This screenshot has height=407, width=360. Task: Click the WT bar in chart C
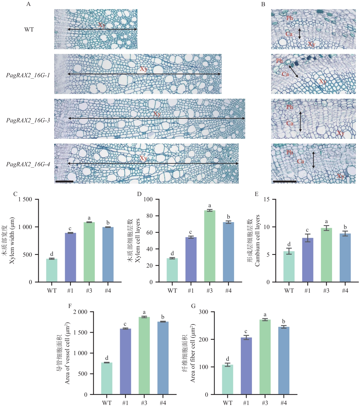pos(52,270)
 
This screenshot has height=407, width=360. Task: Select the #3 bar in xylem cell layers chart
pos(210,246)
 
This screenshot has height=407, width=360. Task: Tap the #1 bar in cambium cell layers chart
pos(308,260)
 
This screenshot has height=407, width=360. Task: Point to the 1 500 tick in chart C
pos(25,199)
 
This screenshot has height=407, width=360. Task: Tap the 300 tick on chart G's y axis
pos(203,312)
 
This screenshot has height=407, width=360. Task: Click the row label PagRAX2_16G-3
pos(28,120)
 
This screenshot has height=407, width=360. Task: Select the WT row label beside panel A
pos(29,29)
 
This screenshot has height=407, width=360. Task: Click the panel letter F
pos(70,306)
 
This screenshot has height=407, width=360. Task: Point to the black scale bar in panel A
pos(64,182)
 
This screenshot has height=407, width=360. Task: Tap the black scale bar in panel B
pos(285,182)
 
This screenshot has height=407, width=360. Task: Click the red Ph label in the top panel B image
pos(290,18)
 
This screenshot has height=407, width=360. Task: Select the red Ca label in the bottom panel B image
pos(301,161)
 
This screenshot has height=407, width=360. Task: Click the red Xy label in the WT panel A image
pos(102,25)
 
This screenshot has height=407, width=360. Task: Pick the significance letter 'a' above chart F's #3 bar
pos(144,312)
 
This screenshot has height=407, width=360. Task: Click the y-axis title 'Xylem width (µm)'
pos(12,240)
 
